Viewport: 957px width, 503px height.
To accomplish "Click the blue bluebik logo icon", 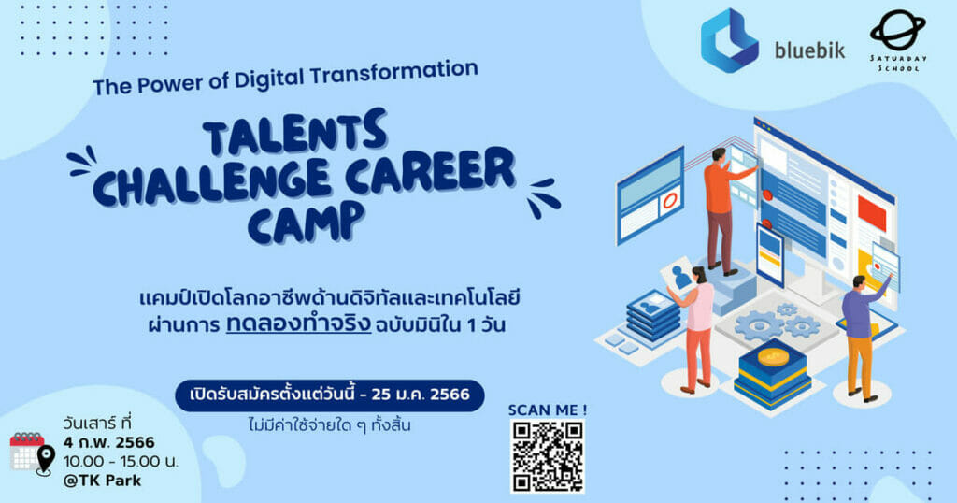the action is (729, 40).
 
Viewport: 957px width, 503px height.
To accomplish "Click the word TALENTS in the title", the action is (294, 132).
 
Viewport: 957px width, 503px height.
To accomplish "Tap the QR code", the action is (548, 456).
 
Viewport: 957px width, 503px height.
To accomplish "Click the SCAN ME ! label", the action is (548, 410).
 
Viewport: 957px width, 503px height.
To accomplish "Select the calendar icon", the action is (27, 452).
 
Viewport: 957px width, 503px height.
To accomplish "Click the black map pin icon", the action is (45, 460).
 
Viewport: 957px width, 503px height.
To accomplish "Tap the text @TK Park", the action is (102, 481).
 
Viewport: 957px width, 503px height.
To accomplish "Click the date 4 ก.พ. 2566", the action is (108, 442).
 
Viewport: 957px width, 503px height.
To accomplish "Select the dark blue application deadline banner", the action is (330, 395).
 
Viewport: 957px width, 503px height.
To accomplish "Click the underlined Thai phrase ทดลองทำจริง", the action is (298, 324).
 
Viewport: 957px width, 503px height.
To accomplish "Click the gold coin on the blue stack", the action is (773, 356).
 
